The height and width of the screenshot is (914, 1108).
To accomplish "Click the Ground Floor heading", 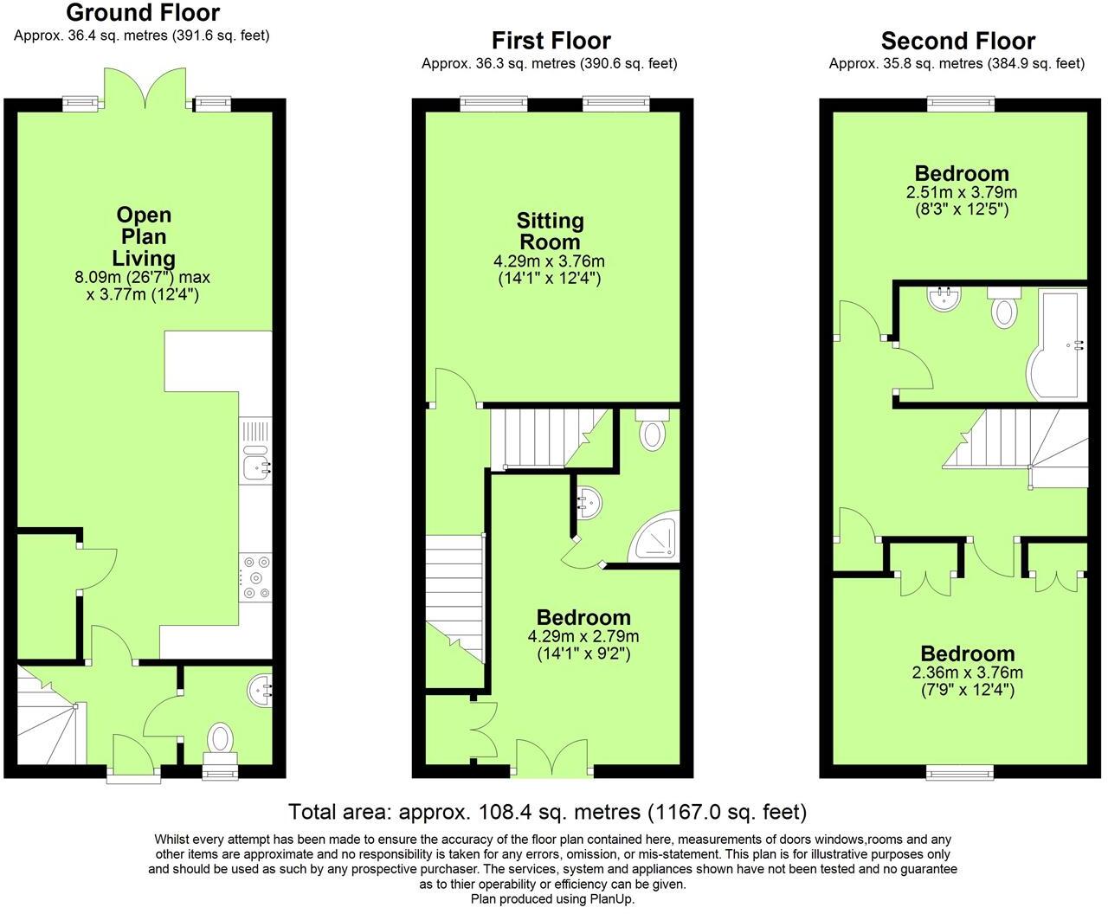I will click(143, 13).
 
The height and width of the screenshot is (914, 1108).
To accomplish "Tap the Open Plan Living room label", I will click(144, 236).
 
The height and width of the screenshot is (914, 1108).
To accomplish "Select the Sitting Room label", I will click(550, 231).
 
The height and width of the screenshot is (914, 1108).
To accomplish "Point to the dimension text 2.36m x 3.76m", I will click(967, 673).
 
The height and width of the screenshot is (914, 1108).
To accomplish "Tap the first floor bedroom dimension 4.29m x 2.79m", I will click(583, 636).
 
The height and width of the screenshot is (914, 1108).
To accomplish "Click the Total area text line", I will click(547, 812).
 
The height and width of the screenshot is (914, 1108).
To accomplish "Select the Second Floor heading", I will click(957, 41).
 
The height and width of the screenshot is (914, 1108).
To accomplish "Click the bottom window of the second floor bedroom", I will click(959, 770).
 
